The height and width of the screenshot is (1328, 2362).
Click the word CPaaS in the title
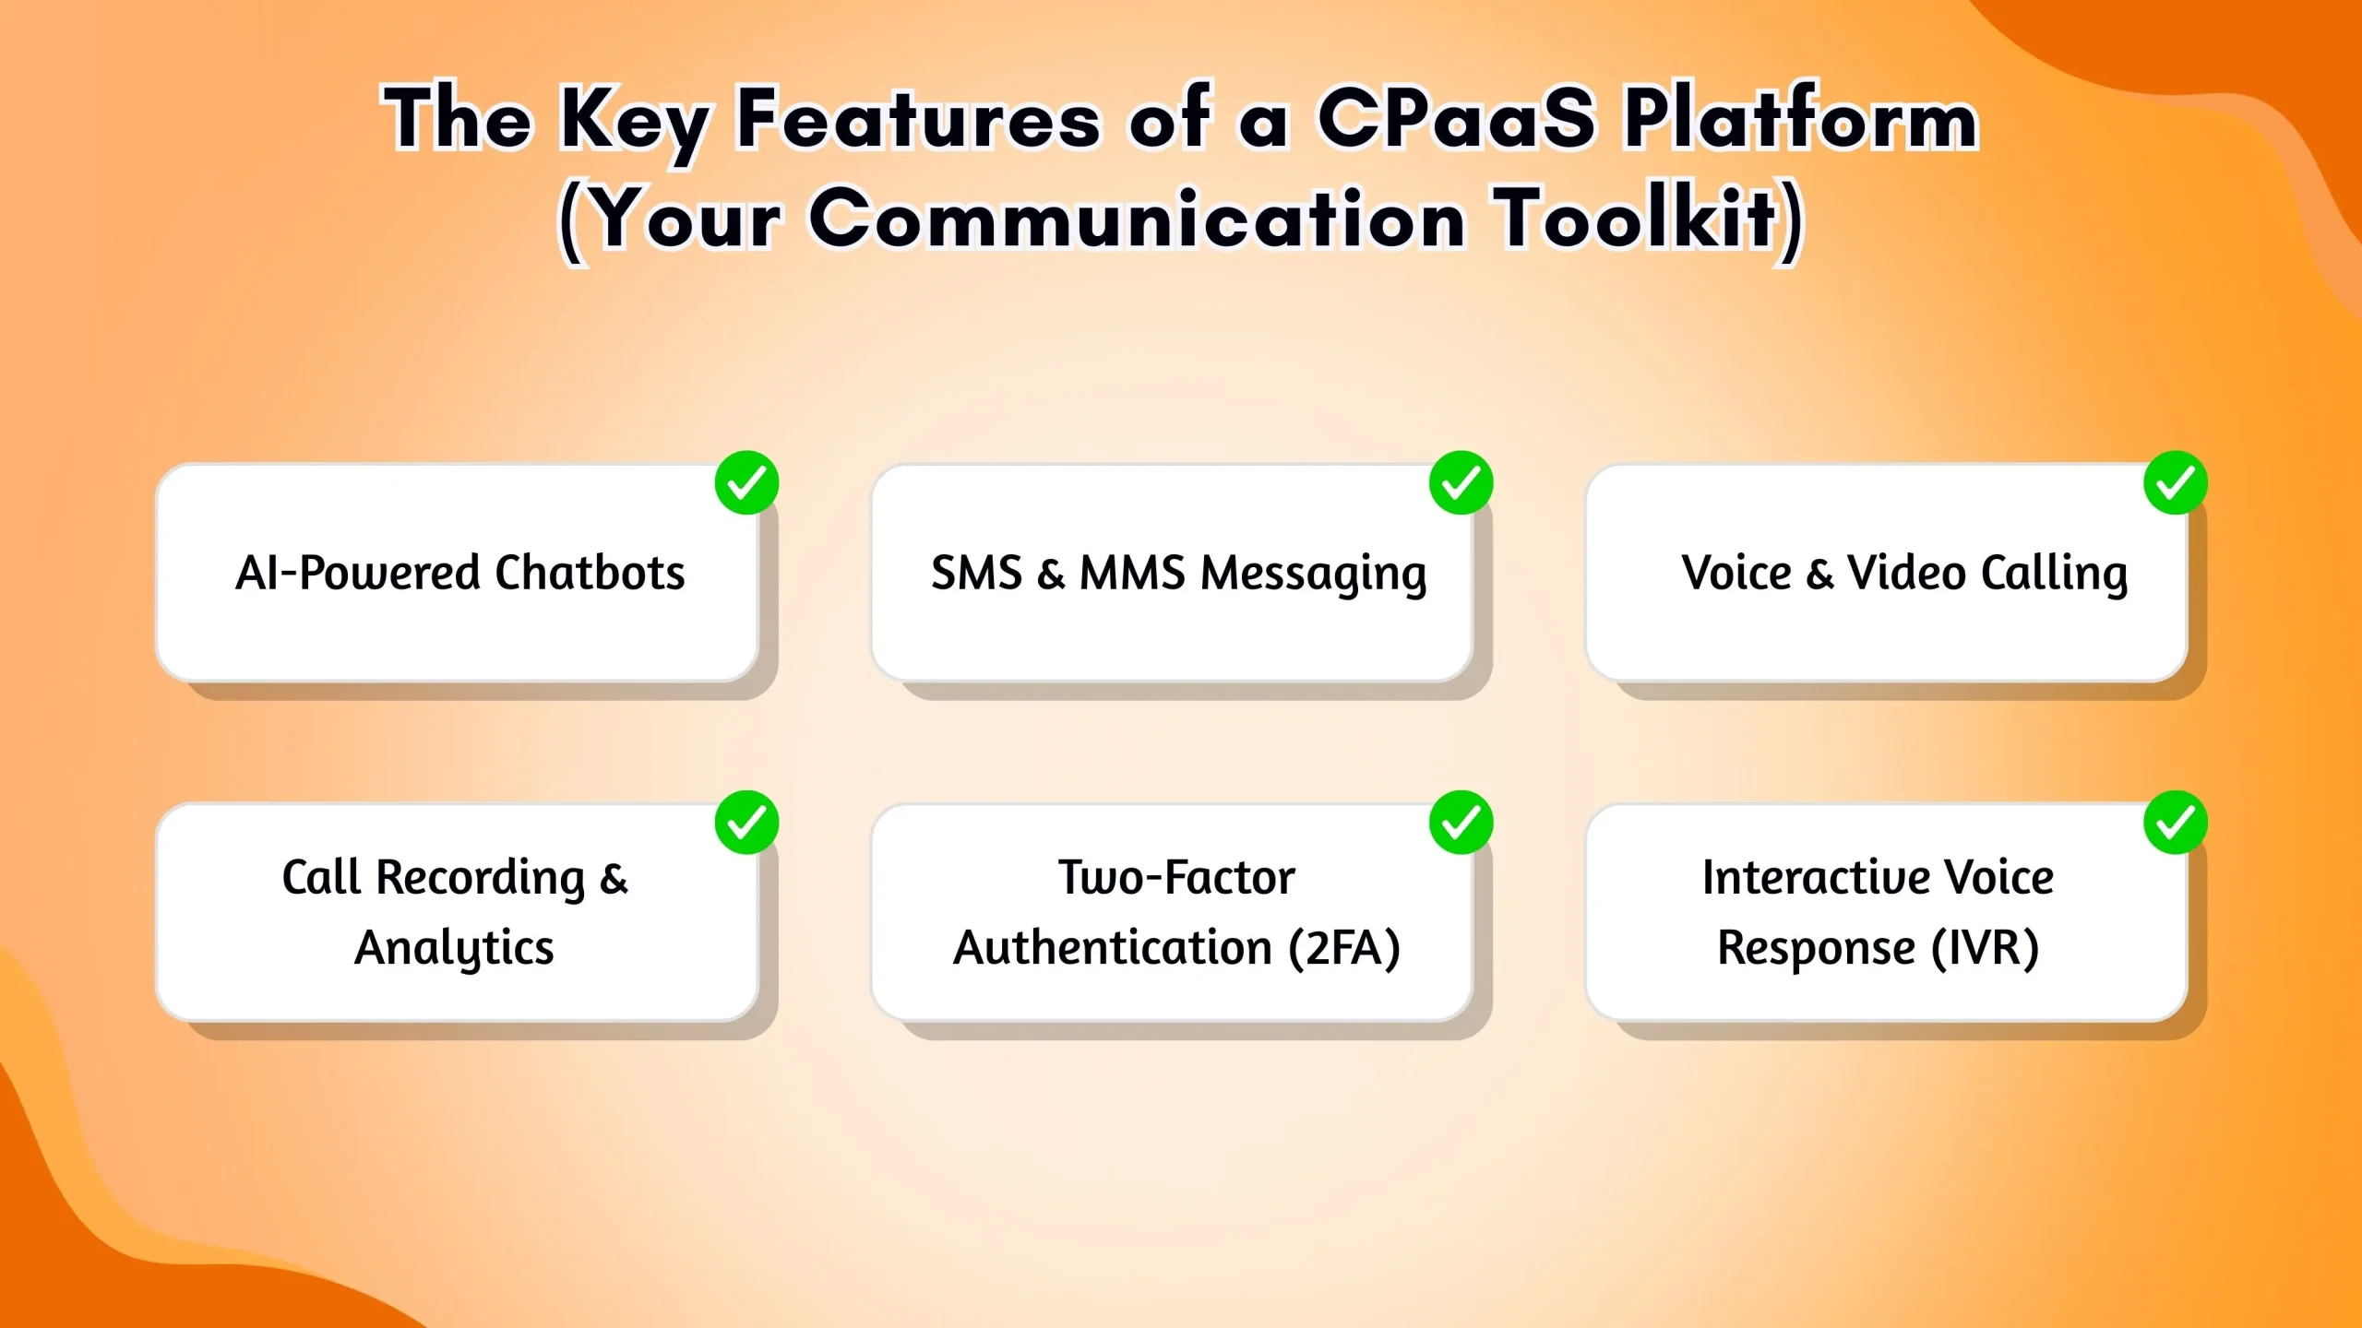pyautogui.click(x=1456, y=118)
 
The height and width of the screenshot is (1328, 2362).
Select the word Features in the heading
pyautogui.click(x=919, y=118)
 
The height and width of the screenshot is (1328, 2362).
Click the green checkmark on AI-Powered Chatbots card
pyautogui.click(x=746, y=482)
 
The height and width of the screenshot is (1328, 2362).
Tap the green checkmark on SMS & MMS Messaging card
pyautogui.click(x=1461, y=482)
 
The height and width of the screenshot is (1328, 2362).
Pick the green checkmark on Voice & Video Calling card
pyautogui.click(x=2175, y=482)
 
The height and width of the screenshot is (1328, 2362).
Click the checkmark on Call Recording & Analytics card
pyautogui.click(x=746, y=822)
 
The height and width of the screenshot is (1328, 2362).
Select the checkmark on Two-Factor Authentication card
pyautogui.click(x=1461, y=822)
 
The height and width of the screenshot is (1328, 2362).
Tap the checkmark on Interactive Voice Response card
pyautogui.click(x=2175, y=822)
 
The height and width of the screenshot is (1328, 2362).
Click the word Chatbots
pyautogui.click(x=590, y=573)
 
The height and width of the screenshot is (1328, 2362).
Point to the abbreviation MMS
pyautogui.click(x=1132, y=573)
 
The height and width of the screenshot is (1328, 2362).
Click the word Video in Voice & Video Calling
pyautogui.click(x=1906, y=573)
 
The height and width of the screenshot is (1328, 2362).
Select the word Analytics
pyautogui.click(x=454, y=948)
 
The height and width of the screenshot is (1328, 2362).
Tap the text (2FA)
pyautogui.click(x=1344, y=948)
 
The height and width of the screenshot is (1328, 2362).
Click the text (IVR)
pyautogui.click(x=1985, y=948)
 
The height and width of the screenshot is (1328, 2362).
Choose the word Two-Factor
pyautogui.click(x=1176, y=877)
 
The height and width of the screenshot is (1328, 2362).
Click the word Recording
pyautogui.click(x=481, y=877)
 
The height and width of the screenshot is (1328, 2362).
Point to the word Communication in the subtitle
pyautogui.click(x=1138, y=219)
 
